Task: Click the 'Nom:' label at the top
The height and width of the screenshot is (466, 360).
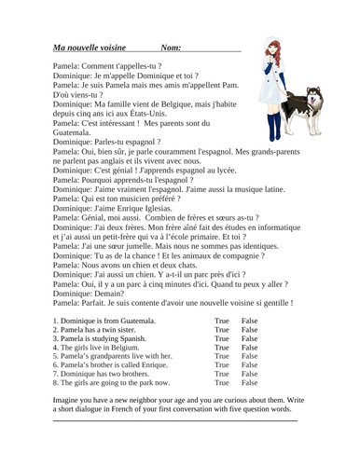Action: pos(171,47)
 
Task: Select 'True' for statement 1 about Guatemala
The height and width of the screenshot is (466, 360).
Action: pos(221,321)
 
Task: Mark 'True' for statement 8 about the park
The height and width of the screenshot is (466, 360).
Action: pos(221,382)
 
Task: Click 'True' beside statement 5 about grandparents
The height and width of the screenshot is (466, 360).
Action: pos(221,356)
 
